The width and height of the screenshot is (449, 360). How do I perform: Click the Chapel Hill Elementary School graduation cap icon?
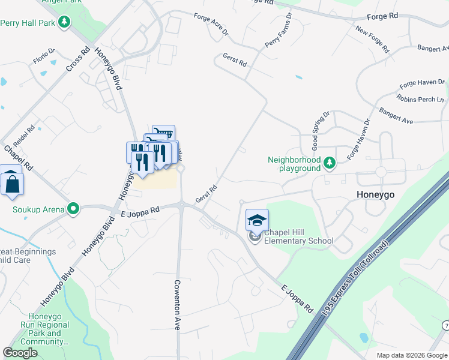pos(257,221)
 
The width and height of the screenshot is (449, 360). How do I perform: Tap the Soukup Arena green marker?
pos(73,209)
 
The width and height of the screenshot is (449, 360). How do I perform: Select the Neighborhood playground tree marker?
pos(329,162)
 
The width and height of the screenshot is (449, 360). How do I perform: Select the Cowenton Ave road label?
pos(178,305)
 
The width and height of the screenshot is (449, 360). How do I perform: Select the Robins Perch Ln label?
pos(420,98)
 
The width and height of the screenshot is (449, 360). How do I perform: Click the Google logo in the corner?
pos(20,353)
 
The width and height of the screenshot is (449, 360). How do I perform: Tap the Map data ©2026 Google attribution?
pos(412,355)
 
